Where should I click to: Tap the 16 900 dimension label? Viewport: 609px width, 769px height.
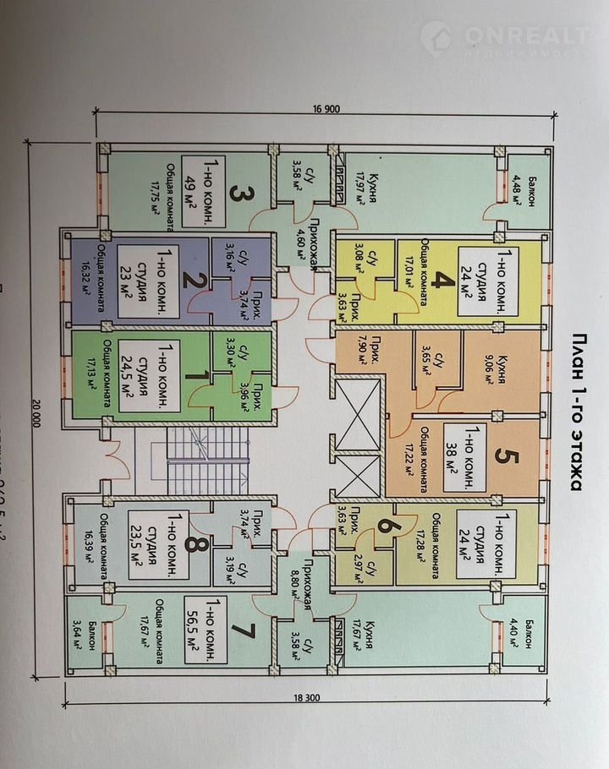pyautogui.click(x=319, y=109)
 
